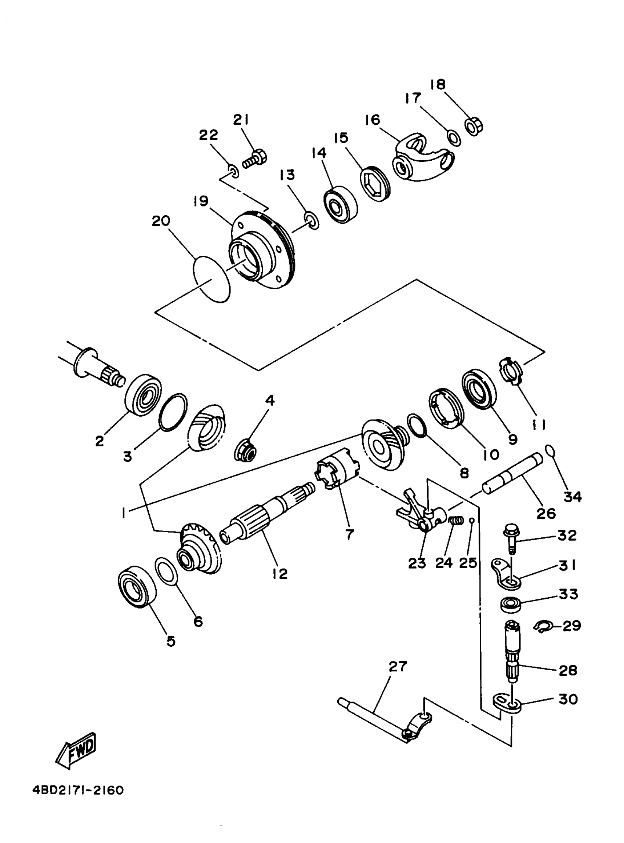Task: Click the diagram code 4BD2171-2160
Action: click(78, 791)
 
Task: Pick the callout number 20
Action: click(161, 221)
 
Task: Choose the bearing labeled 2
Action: click(143, 395)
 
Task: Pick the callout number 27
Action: click(398, 667)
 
